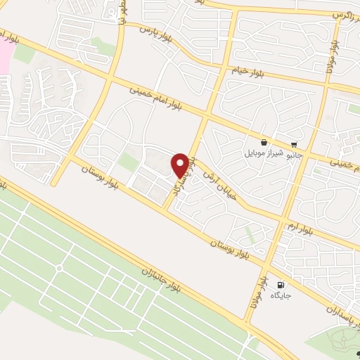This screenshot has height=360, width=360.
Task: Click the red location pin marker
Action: point(180,165)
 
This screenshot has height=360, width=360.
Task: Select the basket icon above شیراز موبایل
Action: point(263,141)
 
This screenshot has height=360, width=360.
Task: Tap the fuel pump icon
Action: point(281,285)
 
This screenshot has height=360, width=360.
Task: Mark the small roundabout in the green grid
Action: point(59,268)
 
